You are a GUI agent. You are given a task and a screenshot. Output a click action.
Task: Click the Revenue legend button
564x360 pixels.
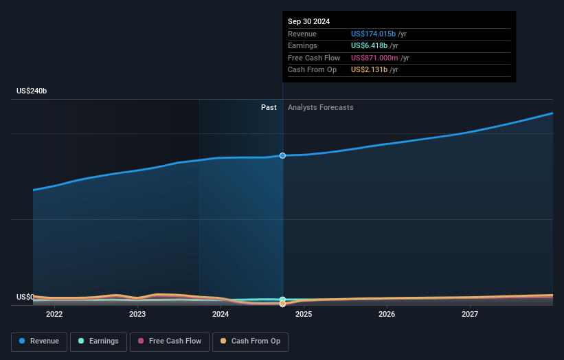pos(39,341)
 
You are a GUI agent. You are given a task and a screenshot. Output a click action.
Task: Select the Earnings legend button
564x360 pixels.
pos(98,341)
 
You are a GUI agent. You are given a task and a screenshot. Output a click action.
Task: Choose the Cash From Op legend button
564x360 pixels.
pos(251,341)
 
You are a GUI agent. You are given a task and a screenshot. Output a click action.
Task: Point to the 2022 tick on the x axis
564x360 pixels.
pos(54,315)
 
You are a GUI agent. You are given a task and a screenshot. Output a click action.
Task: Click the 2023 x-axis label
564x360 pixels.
pos(137,315)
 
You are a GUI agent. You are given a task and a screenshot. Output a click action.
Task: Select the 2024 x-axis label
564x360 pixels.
pos(221,315)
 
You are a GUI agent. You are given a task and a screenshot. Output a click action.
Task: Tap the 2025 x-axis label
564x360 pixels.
pos(304,315)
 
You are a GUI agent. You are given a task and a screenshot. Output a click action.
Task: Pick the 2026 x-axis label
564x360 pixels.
pos(387,315)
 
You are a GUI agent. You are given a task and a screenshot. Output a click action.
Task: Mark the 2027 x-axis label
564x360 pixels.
pos(470,315)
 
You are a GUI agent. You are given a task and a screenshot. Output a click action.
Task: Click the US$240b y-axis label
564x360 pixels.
pos(32,91)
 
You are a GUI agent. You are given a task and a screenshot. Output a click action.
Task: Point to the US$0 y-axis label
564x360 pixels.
pos(25,297)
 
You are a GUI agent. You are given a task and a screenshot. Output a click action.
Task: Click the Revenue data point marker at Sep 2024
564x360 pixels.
pos(282,156)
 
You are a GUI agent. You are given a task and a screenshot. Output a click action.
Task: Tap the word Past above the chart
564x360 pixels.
pos(269,107)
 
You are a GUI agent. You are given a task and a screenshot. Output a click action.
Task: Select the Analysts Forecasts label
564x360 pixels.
pos(321,107)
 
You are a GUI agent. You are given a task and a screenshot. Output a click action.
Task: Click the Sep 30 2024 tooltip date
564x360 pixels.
pos(308,21)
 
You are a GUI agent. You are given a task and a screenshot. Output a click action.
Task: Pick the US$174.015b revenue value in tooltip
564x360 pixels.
pos(373,34)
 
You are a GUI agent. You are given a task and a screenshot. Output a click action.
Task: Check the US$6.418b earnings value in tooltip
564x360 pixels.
pos(368,46)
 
